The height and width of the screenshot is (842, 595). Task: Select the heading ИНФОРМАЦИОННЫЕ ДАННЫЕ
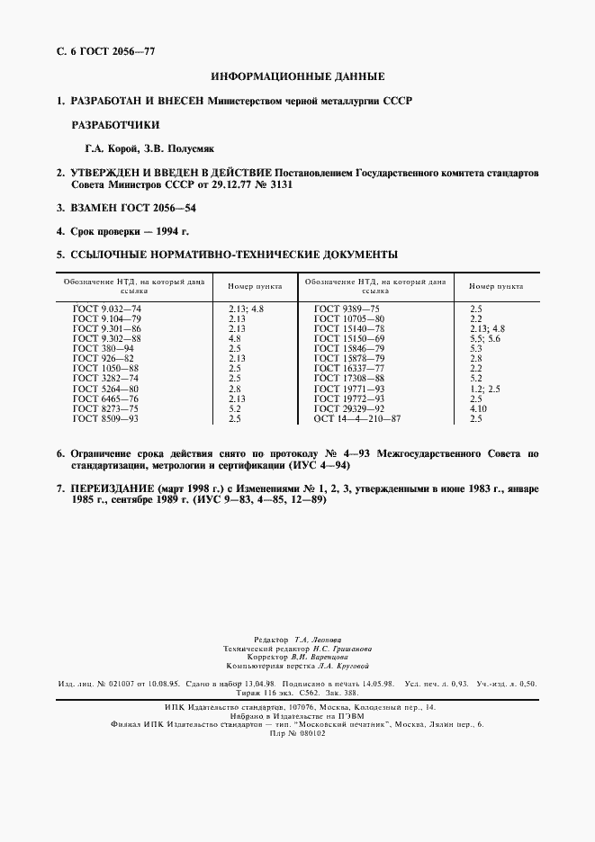pos(297,76)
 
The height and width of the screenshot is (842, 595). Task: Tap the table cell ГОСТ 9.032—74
pos(107,309)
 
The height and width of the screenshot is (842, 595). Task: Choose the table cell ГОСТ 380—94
pos(103,347)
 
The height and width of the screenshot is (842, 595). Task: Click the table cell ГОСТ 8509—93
pos(104,418)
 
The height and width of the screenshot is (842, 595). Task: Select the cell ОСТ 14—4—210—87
pos(357,418)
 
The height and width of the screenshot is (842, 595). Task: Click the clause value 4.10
pos(477,408)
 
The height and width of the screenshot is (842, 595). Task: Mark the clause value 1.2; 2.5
pos(484,388)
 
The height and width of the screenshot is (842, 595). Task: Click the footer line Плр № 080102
pos(296,733)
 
